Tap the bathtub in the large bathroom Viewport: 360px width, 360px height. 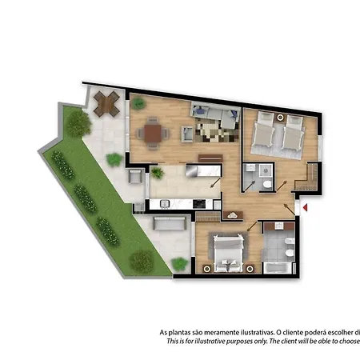pos(279,266)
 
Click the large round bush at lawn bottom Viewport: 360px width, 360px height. pos(142,260)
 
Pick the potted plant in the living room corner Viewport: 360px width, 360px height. pos(138,103)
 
